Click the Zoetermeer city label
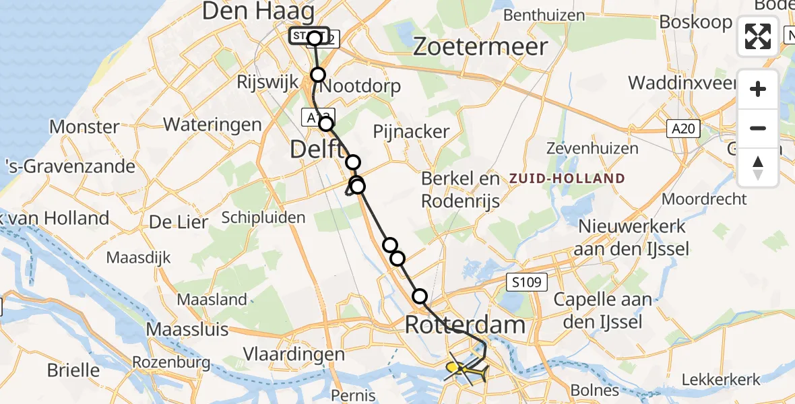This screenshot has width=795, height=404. coord(480,46)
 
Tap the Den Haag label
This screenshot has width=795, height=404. coord(258,11)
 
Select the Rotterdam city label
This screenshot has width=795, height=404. coord(465,325)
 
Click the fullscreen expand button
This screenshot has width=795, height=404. coord(758,36)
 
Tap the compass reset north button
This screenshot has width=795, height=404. coord(758,167)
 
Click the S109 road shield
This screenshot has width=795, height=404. coord(526,282)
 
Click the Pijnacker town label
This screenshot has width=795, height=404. coord(412,131)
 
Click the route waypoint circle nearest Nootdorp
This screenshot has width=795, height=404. coord(318,75)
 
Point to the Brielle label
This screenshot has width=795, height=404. coord(73,370)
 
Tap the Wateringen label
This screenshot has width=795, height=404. coord(212,124)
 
